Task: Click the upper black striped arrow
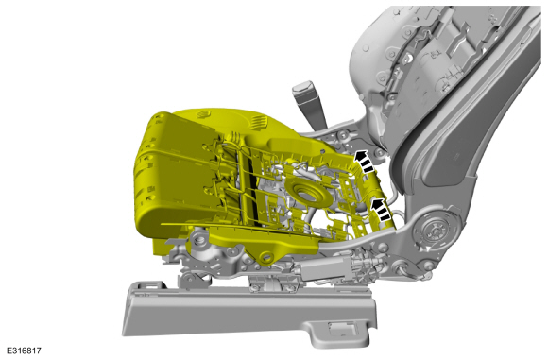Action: [364, 161]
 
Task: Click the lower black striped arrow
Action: [382, 210]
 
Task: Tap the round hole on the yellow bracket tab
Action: [266, 257]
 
